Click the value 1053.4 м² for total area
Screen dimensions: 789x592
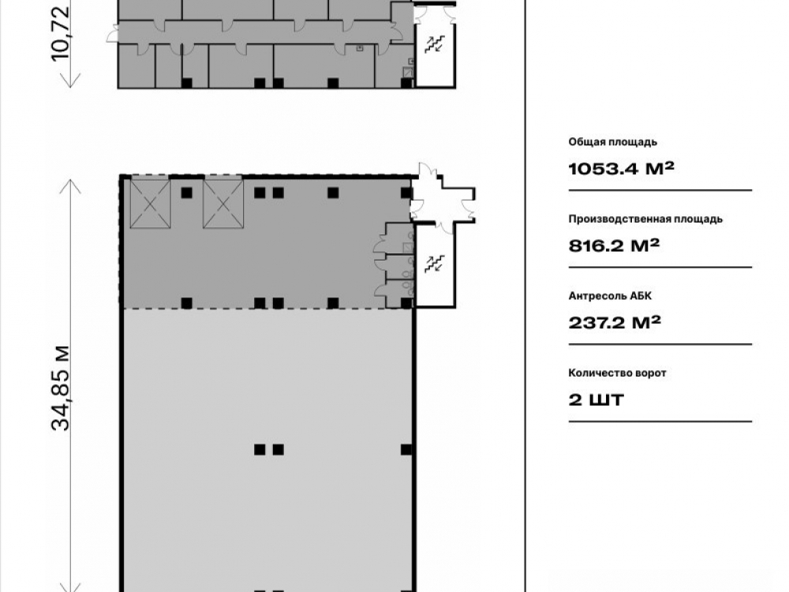(621, 168)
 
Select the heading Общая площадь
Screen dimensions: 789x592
(612, 142)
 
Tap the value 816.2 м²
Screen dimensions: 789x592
(614, 245)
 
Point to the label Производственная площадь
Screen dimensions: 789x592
(645, 219)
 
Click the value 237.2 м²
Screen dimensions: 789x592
(615, 322)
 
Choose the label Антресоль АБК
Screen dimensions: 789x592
(610, 296)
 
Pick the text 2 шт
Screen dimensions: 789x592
(596, 399)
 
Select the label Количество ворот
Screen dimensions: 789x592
(618, 373)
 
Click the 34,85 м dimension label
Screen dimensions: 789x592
(62, 388)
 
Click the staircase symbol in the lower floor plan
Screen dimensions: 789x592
(434, 264)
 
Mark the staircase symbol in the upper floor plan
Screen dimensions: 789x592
(434, 44)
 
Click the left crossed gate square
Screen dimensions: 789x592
(151, 204)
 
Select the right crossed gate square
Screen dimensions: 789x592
(223, 204)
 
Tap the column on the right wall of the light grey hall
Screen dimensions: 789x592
(406, 450)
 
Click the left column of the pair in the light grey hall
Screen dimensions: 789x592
(260, 450)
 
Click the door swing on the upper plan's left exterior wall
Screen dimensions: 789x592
(112, 34)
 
